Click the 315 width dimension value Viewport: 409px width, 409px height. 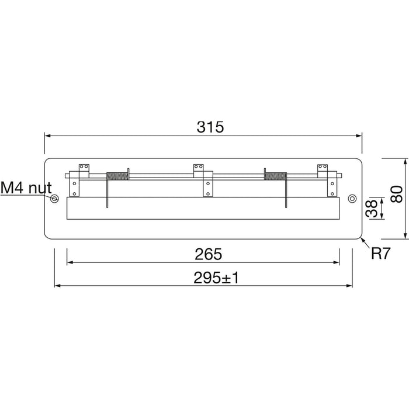point(210,127)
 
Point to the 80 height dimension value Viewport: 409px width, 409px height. point(396,193)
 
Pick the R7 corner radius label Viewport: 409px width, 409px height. point(379,254)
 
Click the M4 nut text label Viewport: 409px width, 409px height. point(26,188)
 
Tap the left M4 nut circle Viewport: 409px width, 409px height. point(54,199)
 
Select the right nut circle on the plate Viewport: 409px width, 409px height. point(352,199)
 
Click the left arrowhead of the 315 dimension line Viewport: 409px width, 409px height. point(47,136)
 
